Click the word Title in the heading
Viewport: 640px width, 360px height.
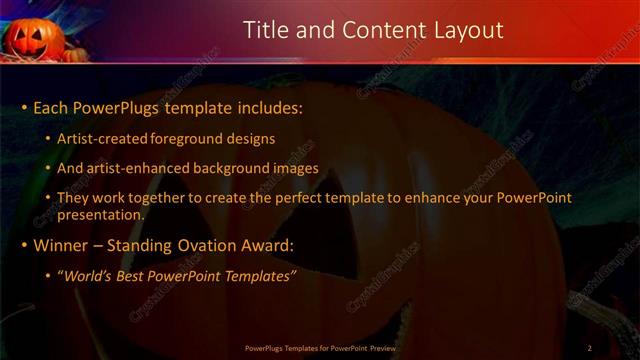click(x=266, y=31)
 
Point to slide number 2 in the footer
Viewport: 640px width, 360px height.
click(x=589, y=348)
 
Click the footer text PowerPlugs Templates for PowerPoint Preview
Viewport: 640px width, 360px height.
click(x=321, y=348)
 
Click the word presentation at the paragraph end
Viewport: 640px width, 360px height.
click(x=99, y=214)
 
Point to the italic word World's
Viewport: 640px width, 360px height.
click(x=88, y=276)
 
